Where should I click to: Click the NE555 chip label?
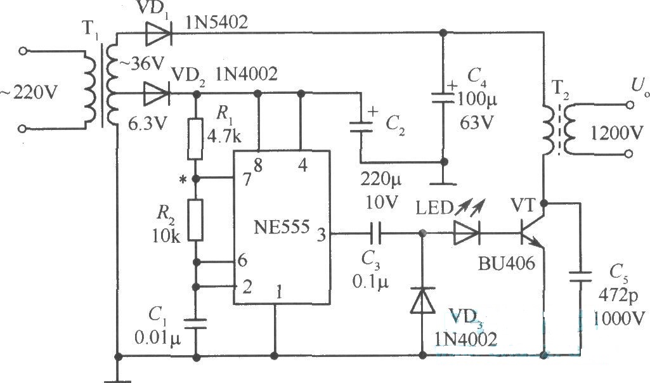coord(282,228)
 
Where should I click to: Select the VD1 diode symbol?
coord(159,33)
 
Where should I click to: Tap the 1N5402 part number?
coord(217,22)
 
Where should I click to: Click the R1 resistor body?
coord(195,139)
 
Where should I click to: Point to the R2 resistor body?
coord(195,219)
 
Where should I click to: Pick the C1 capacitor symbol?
coord(195,323)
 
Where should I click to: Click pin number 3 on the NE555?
coord(322,235)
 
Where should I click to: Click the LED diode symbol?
coord(466,233)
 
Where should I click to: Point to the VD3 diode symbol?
coord(422,301)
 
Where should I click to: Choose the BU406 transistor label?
coord(507,263)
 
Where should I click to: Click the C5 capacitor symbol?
coord(580,276)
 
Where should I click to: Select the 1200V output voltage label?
coord(616,133)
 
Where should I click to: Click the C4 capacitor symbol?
coord(443,98)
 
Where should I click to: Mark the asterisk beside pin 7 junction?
coord(182,179)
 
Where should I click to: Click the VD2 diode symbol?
coord(157,94)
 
